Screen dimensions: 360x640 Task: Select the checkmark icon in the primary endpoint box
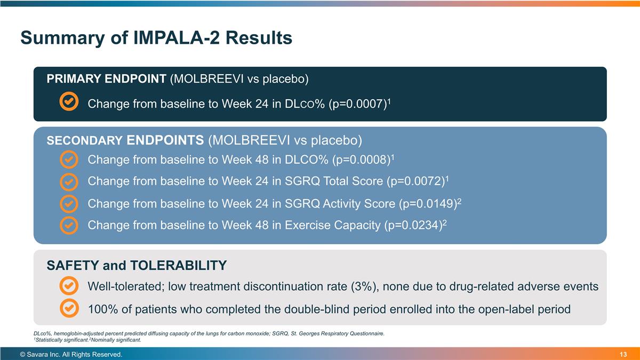(x=69, y=102)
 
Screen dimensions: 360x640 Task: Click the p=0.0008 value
(x=362, y=159)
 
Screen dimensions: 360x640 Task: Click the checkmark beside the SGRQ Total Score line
(x=69, y=181)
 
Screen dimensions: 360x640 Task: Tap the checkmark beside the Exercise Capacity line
(x=69, y=226)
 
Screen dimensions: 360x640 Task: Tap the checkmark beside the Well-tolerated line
(x=69, y=286)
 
